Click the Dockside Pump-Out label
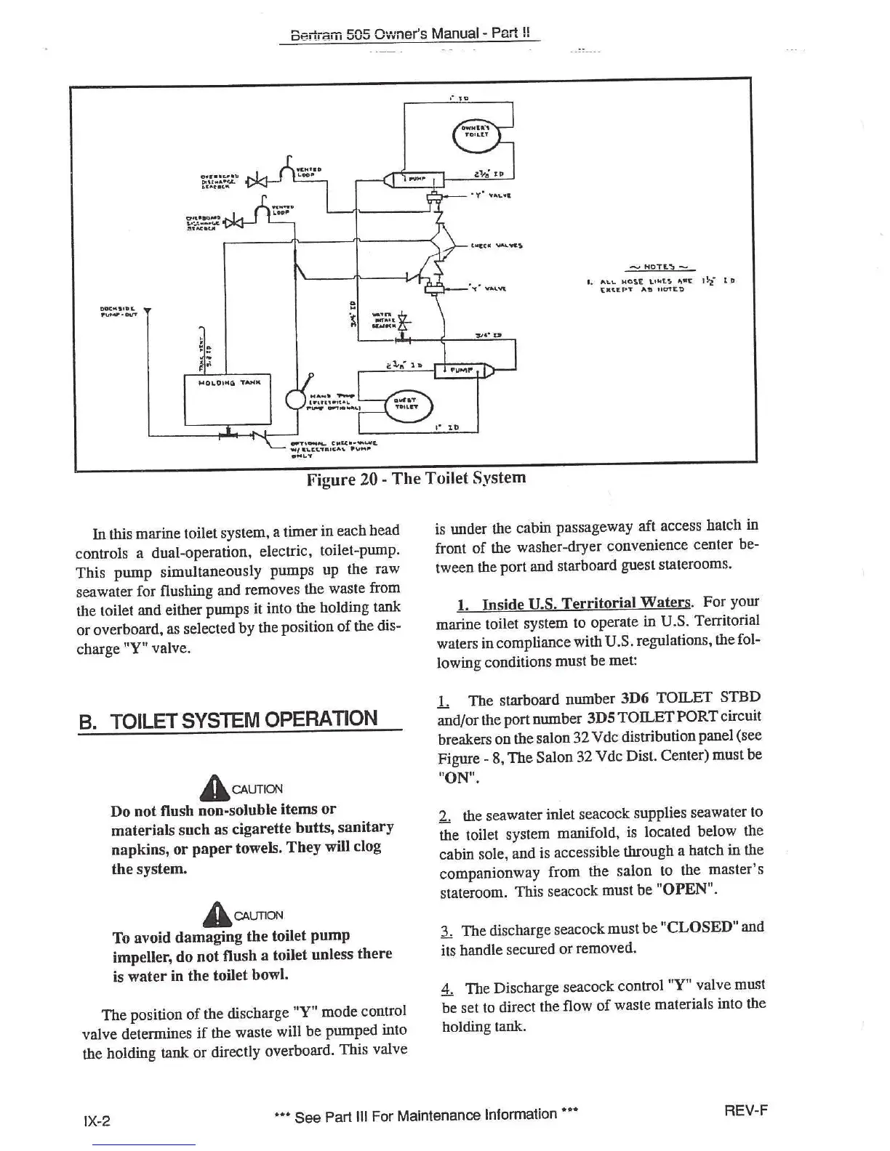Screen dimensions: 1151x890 point(115,310)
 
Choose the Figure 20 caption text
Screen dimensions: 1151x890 point(415,478)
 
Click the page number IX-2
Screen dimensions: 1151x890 point(97,1120)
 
